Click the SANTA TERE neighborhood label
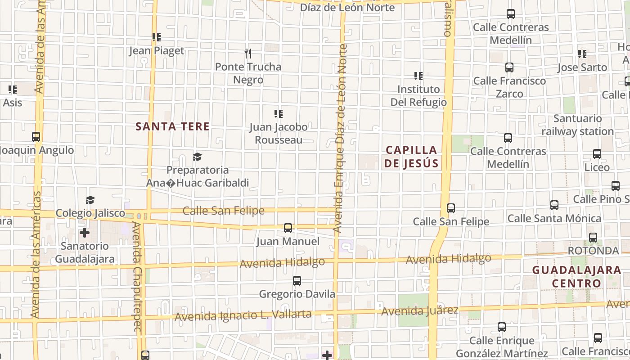tap(172, 126)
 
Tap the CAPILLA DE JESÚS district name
tap(411, 157)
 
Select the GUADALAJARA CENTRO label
tap(576, 277)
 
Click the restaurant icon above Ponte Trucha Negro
tap(248, 54)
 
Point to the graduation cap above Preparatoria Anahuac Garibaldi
tap(197, 157)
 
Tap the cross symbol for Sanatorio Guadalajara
tap(85, 233)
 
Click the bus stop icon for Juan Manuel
tap(288, 228)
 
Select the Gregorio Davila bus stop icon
tap(297, 281)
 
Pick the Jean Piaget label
tap(157, 50)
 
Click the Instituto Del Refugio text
tap(418, 95)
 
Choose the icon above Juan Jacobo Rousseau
tap(279, 114)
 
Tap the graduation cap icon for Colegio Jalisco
tap(90, 200)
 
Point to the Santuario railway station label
tap(577, 125)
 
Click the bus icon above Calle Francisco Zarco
tap(509, 67)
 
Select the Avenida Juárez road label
tap(420, 310)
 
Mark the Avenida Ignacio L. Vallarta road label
tap(243, 315)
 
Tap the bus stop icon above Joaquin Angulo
tap(36, 137)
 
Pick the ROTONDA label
tap(593, 250)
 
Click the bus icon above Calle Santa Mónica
tap(554, 205)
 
